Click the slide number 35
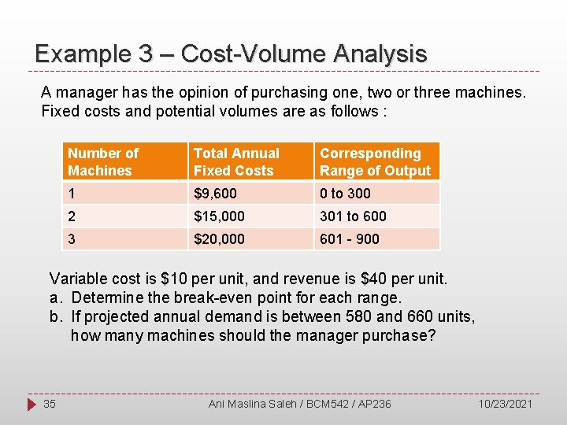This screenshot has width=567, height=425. pyautogui.click(x=50, y=404)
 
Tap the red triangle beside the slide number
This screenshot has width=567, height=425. pyautogui.click(x=31, y=404)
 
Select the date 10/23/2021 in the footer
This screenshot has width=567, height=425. pyautogui.click(x=505, y=404)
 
